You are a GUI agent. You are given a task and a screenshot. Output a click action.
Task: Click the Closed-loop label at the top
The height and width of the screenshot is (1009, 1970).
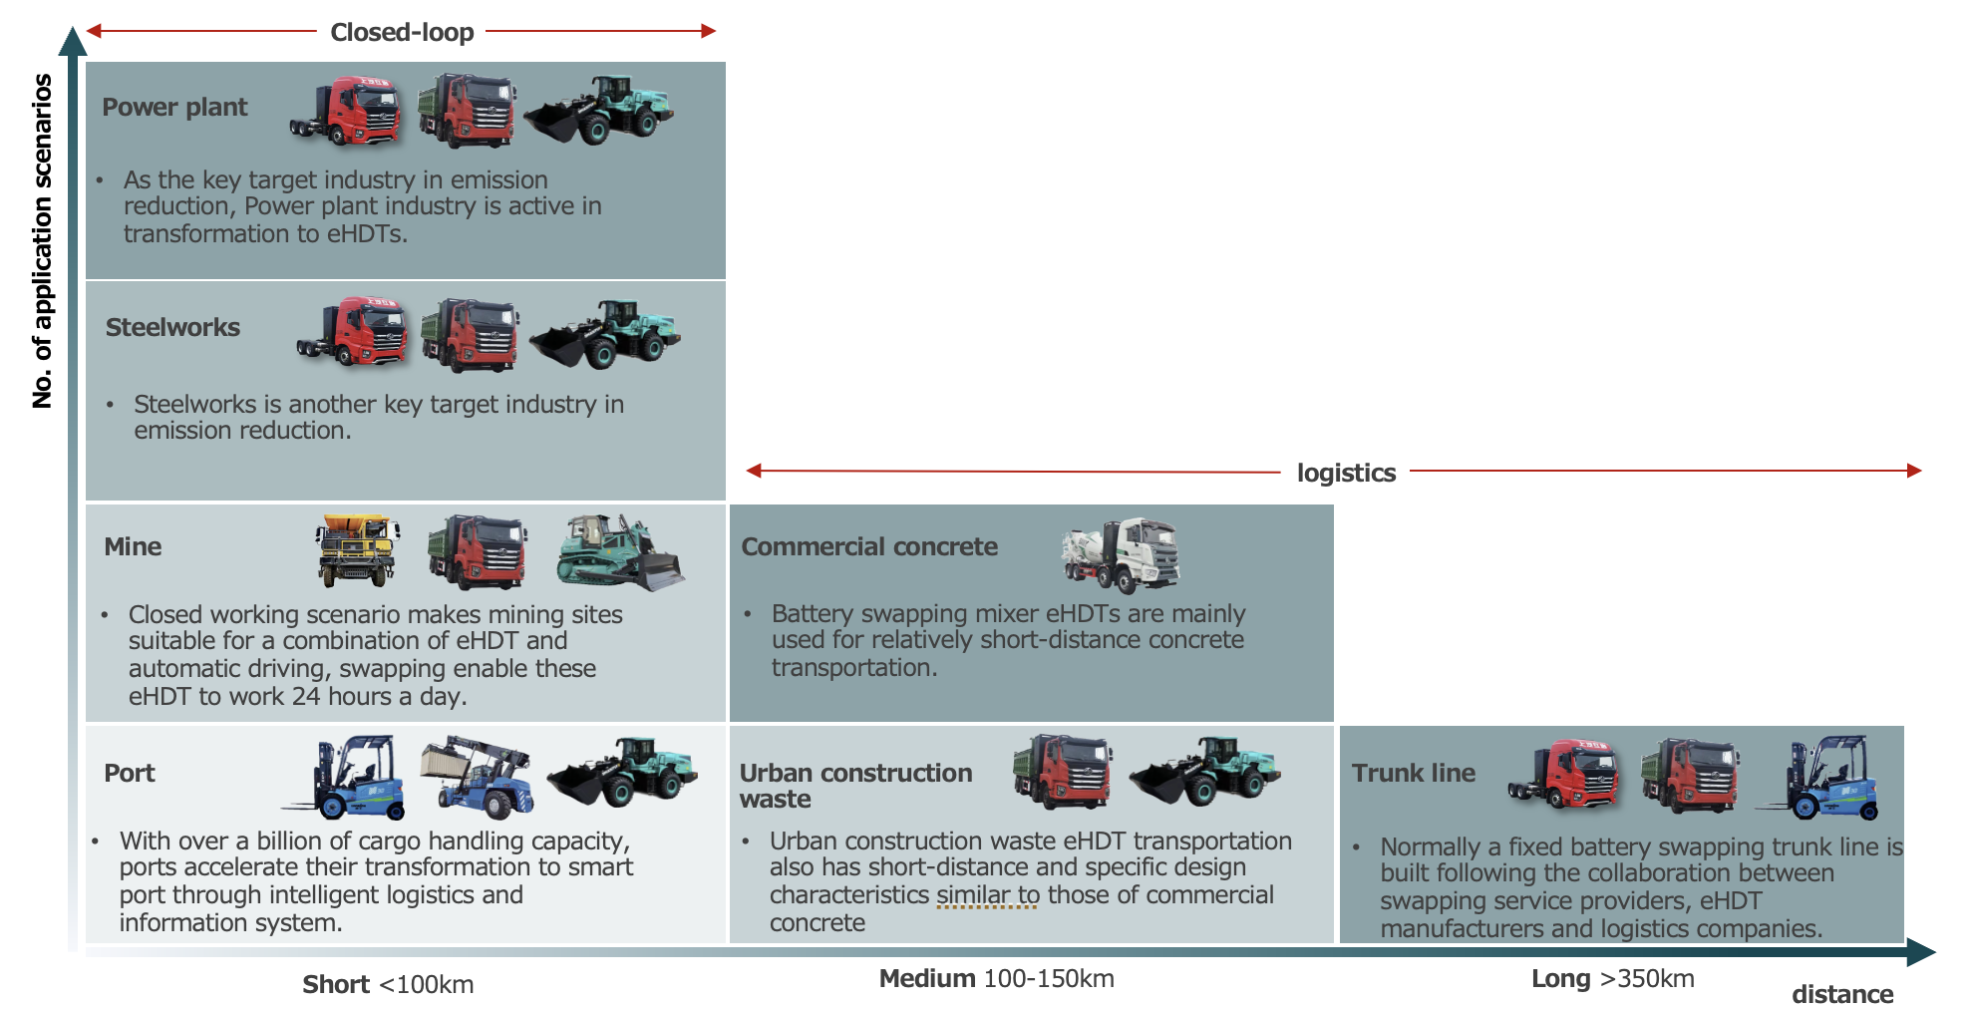[402, 32]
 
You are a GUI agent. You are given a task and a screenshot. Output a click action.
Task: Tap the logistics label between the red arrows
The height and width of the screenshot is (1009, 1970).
[1346, 473]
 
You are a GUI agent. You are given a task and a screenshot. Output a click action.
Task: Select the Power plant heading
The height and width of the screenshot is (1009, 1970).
[174, 107]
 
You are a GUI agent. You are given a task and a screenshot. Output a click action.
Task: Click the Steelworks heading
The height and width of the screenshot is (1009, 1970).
[172, 327]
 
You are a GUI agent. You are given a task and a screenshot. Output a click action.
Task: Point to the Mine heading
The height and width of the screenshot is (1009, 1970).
[133, 546]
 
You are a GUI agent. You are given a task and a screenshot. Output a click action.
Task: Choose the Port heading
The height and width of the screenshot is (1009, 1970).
[130, 773]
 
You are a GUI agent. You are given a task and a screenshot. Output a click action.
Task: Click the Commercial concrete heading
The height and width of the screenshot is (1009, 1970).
[869, 546]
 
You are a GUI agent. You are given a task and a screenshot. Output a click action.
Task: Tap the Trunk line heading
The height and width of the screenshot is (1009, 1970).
[1413, 773]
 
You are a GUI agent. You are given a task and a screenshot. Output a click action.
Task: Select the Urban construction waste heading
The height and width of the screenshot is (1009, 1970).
[855, 786]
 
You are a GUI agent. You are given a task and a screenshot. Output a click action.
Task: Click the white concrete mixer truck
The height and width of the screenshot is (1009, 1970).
[1122, 554]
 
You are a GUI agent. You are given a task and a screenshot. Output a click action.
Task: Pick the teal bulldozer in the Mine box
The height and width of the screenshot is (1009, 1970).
[618, 551]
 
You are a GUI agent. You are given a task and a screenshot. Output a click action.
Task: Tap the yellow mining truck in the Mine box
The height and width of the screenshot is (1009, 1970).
[357, 549]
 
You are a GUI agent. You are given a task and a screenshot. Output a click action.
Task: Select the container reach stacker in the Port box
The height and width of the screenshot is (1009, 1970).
[478, 775]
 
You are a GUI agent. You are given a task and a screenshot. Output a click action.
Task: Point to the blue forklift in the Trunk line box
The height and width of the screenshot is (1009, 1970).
[1822, 778]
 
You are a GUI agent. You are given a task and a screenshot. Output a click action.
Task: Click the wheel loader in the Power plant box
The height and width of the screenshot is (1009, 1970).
[599, 110]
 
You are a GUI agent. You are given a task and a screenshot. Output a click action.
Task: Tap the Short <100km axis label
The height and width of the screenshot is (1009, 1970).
[388, 984]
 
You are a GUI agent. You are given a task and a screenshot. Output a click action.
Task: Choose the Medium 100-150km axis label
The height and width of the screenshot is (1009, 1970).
[996, 978]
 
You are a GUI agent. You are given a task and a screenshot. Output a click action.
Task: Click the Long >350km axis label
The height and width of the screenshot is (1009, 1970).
[1612, 978]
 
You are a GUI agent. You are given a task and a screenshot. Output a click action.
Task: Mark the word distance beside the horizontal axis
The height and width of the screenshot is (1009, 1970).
[1841, 994]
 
